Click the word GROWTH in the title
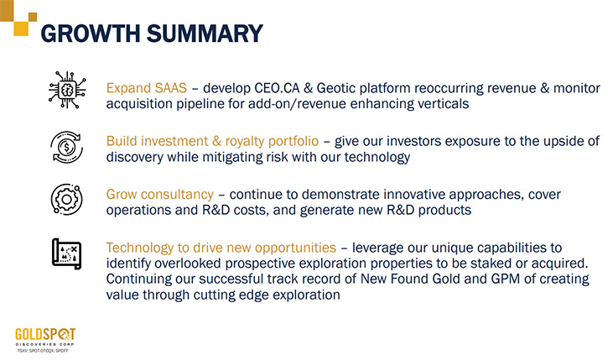tap(91, 34)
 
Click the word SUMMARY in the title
tap(205, 34)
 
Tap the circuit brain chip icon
tap(67, 90)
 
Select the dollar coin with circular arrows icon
tap(67, 147)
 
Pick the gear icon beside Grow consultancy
tap(67, 200)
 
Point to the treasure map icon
tap(67, 253)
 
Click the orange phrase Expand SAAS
tap(147, 88)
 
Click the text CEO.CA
tap(277, 88)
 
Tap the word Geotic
tap(335, 88)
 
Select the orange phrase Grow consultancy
tap(159, 195)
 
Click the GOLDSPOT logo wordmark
tap(45, 334)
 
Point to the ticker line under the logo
tap(43, 351)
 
